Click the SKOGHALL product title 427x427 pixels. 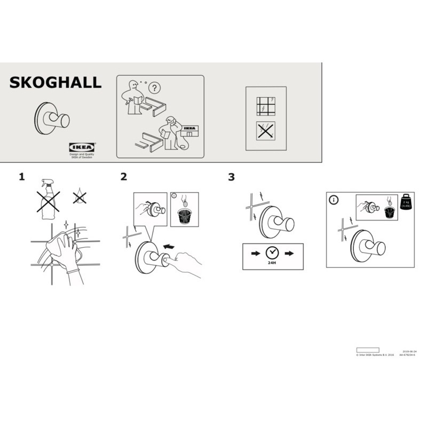click(x=55, y=82)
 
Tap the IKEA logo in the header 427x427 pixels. click(x=82, y=147)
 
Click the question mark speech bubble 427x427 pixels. click(x=154, y=88)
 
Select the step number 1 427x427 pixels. click(x=22, y=177)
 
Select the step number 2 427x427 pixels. click(x=124, y=177)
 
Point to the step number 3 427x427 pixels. click(x=231, y=177)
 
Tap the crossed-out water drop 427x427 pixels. click(x=80, y=197)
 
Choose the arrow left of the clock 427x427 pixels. click(x=256, y=252)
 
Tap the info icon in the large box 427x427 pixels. click(x=334, y=200)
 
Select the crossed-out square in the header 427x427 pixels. click(x=265, y=130)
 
